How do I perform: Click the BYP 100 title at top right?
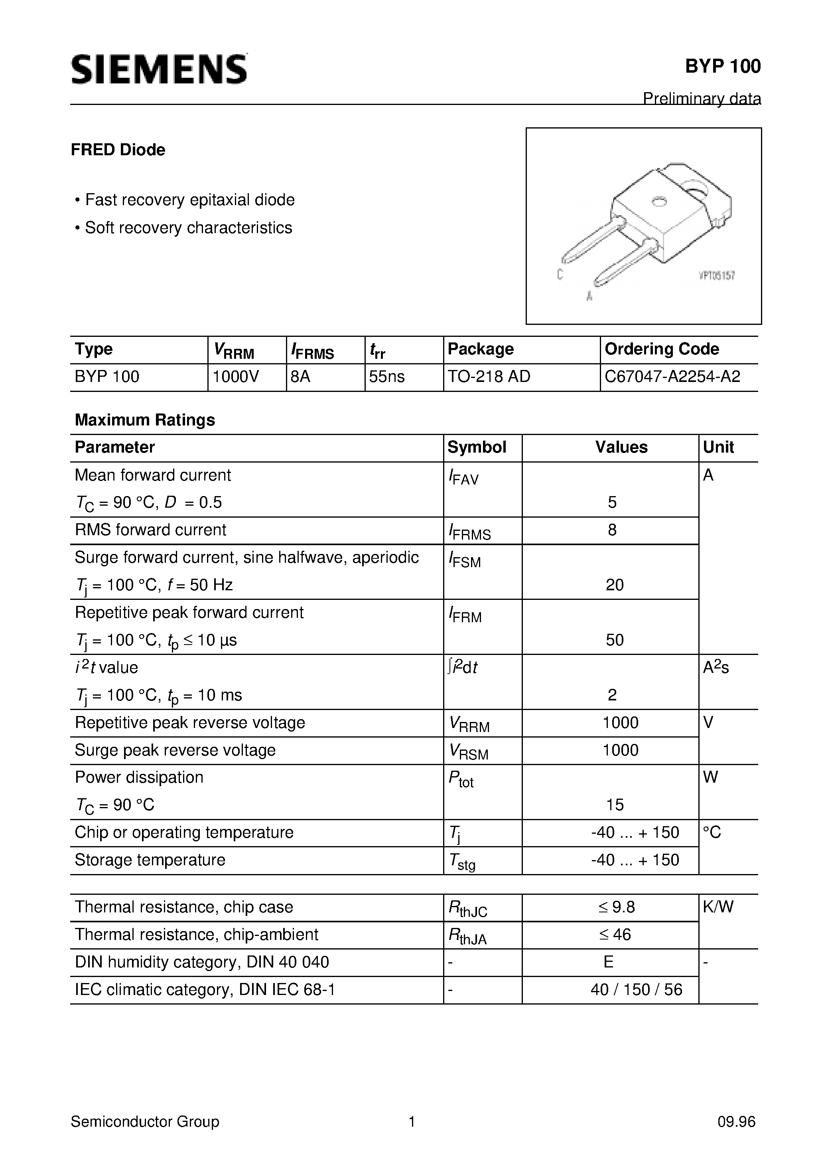[x=722, y=67]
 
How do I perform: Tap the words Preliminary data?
[x=702, y=98]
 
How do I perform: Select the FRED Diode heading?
[x=118, y=150]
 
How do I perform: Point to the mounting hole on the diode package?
[x=659, y=202]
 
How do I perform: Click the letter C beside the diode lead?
[x=560, y=275]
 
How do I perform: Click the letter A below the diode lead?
[x=589, y=296]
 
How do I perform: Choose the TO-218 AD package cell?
[x=489, y=377]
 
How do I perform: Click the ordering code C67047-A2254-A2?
[x=672, y=377]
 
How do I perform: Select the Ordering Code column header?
[x=661, y=349]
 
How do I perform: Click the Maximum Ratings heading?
[x=145, y=420]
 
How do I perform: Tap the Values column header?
[x=621, y=447]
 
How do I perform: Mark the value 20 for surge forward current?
[x=614, y=585]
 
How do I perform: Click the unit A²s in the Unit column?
[x=715, y=667]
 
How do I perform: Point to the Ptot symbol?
[x=461, y=779]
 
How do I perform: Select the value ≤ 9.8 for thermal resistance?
[x=616, y=907]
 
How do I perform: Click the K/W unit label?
[x=718, y=907]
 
